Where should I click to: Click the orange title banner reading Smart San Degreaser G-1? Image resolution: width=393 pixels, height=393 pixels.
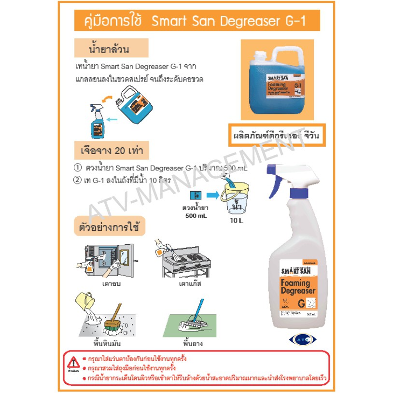tap(196, 22)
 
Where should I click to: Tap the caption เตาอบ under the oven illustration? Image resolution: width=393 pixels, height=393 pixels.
tap(111, 284)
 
